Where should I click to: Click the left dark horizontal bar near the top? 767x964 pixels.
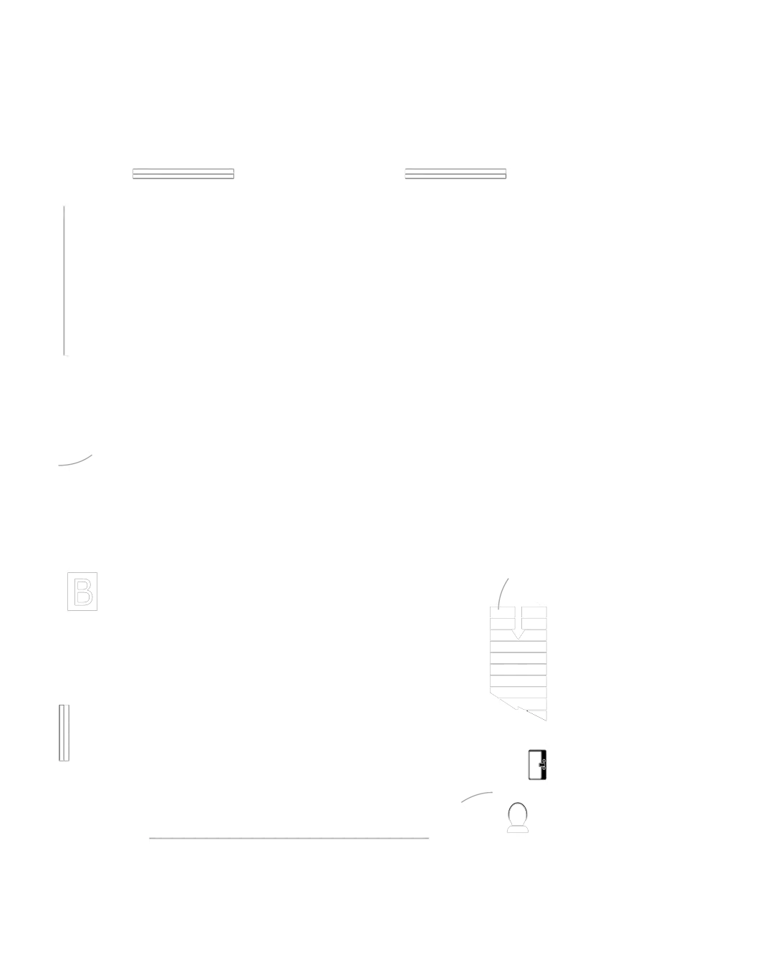[x=183, y=175]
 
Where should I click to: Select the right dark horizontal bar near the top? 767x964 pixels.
[x=455, y=175]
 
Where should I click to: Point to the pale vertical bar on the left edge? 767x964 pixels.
[x=67, y=280]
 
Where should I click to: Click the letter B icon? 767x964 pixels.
[x=82, y=591]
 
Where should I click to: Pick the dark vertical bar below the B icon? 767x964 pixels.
[x=65, y=733]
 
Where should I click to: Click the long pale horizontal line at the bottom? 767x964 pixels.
[x=289, y=839]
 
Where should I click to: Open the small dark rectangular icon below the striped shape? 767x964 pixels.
[x=536, y=764]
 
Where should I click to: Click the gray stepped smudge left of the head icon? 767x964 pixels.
[x=477, y=796]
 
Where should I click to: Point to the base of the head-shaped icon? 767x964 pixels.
[x=518, y=829]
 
